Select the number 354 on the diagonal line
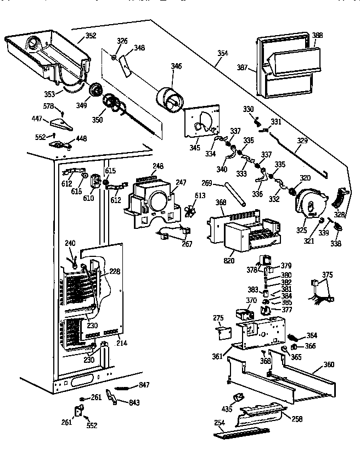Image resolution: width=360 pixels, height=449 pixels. click(222, 53)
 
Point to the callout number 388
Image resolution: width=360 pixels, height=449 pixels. click(317, 36)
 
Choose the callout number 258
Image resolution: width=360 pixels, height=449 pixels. click(297, 419)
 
